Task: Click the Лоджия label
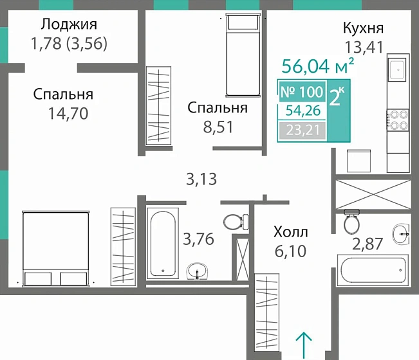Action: (68, 25)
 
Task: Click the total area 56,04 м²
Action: (319, 66)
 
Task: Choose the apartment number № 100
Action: (302, 92)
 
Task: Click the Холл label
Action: (290, 231)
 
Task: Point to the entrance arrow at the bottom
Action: (304, 344)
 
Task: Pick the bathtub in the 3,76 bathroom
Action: (163, 241)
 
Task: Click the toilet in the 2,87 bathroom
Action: (351, 222)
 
